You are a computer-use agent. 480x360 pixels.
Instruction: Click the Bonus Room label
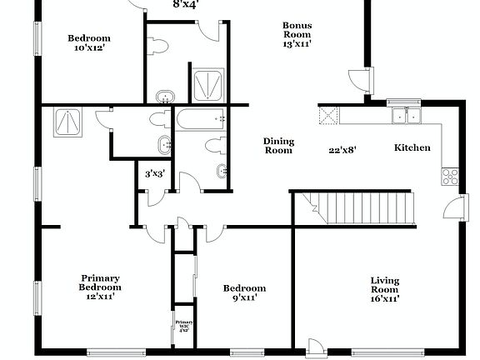[x=297, y=31]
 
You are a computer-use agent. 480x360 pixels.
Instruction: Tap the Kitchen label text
[x=412, y=147]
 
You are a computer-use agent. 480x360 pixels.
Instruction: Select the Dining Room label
[x=278, y=146]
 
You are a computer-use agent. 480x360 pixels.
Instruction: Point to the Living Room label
[x=384, y=285]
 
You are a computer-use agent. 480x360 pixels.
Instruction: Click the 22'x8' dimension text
[x=342, y=150]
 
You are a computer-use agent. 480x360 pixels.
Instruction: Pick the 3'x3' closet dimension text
[x=154, y=174]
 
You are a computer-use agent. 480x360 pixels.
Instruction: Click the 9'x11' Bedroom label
[x=244, y=292]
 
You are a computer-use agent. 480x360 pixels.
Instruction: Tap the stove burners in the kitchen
[x=449, y=176]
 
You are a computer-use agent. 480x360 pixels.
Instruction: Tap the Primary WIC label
[x=183, y=325]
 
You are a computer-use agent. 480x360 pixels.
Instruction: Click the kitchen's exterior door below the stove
[x=455, y=207]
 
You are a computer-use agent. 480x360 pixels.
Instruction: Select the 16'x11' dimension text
[x=384, y=298]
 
